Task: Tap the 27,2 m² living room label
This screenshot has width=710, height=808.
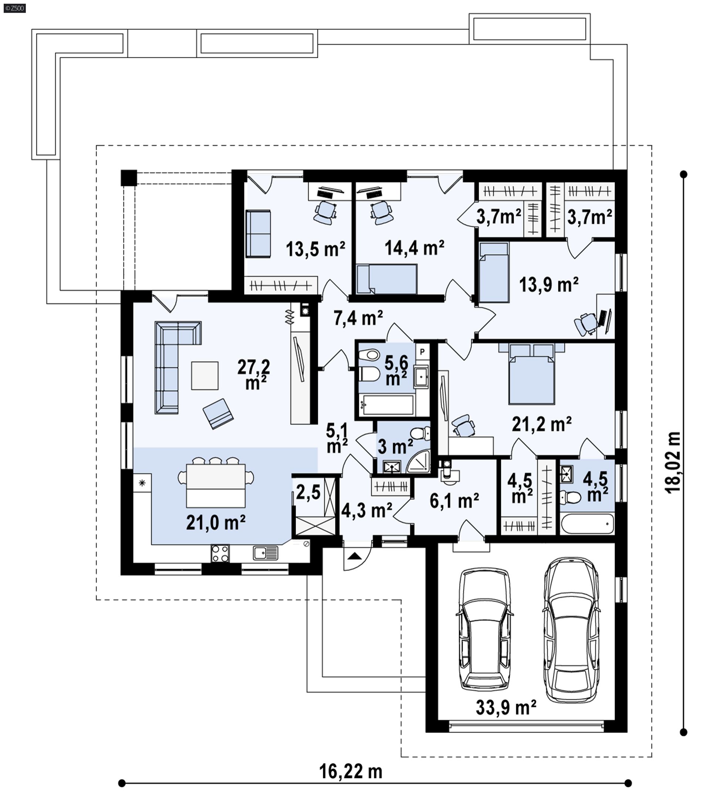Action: click(254, 374)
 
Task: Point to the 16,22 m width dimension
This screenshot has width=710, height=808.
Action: click(351, 771)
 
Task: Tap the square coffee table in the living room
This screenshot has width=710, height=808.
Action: click(204, 376)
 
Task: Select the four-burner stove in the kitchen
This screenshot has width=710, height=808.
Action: click(220, 553)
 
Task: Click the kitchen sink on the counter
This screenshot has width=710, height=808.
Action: click(266, 553)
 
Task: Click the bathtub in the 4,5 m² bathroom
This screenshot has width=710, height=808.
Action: click(588, 524)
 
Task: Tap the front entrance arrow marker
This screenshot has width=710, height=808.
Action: click(355, 556)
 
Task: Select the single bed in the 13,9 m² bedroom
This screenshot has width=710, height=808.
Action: click(494, 272)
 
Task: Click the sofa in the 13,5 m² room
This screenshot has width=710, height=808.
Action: click(258, 234)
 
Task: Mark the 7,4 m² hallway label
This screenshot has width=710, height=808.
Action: click(358, 318)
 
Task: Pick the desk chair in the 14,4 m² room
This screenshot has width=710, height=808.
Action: click(381, 212)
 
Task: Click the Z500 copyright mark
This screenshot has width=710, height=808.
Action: click(15, 8)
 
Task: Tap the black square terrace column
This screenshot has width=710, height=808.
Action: click(129, 178)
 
